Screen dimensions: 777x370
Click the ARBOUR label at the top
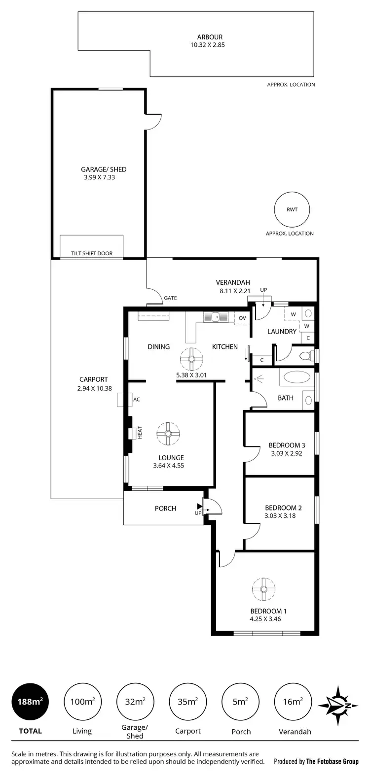coord(210,37)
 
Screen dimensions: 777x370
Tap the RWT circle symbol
coord(292,209)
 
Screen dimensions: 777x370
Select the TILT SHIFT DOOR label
coord(91,254)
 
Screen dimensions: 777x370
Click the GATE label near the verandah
coord(170,298)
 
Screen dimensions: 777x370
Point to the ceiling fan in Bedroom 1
coord(263,589)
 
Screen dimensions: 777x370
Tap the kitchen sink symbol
coord(215,317)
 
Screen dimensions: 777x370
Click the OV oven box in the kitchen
coord(242,318)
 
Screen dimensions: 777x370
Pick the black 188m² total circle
coord(31,702)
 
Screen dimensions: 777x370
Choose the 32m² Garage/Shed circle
coord(135,702)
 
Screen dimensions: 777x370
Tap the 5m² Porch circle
coord(240,702)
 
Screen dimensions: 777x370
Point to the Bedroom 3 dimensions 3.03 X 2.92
coord(286,453)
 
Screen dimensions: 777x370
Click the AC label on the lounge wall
coord(137,400)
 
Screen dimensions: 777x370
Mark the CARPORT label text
coord(94,379)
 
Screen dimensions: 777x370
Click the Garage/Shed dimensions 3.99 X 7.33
coord(100,177)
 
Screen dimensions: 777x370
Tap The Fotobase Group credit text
coord(332,761)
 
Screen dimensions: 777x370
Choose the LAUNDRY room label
coord(282,332)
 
